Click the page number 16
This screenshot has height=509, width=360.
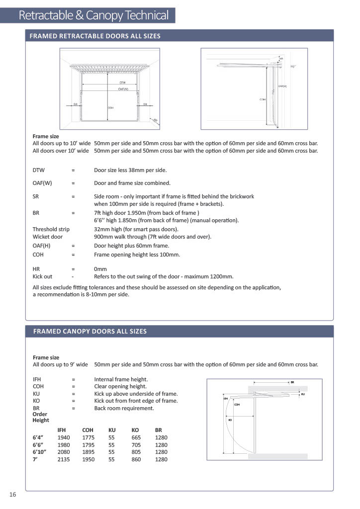click(12, 494)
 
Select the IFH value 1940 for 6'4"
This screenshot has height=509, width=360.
click(64, 437)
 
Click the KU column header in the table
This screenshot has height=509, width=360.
click(112, 430)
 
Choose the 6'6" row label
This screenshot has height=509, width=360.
click(39, 445)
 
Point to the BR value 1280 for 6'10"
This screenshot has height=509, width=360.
click(161, 452)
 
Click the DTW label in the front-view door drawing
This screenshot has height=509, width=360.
click(122, 83)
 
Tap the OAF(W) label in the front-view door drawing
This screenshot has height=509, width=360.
click(122, 89)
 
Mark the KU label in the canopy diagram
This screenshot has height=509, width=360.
click(303, 394)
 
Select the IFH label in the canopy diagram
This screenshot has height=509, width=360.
click(225, 398)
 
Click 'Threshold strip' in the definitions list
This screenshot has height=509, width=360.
click(51, 229)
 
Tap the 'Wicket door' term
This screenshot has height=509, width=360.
click(48, 237)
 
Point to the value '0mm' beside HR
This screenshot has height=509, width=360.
click(100, 269)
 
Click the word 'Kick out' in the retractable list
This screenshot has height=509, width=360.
click(43, 276)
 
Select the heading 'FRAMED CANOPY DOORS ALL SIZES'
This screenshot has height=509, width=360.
click(90, 331)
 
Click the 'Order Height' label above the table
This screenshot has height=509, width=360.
click(41, 417)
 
